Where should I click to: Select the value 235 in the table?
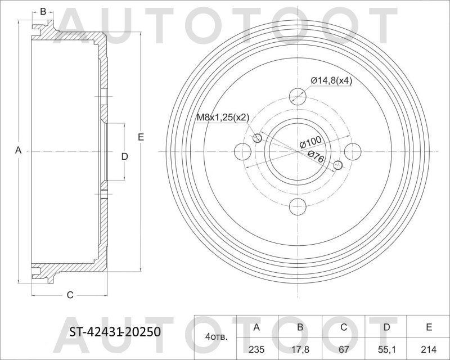257,348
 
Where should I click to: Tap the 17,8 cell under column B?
300,348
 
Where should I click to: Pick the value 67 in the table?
343,348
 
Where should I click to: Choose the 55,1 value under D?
385,348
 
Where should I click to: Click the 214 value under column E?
428,348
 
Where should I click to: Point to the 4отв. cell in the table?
217,337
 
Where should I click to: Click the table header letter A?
257,327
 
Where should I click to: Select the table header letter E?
428,327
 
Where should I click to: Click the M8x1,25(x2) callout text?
222,118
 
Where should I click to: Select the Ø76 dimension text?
316,157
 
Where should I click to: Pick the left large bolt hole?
241,151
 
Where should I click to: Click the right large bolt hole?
353,151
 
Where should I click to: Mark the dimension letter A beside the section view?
18,150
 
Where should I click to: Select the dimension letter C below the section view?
70,295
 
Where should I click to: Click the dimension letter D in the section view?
125,156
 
